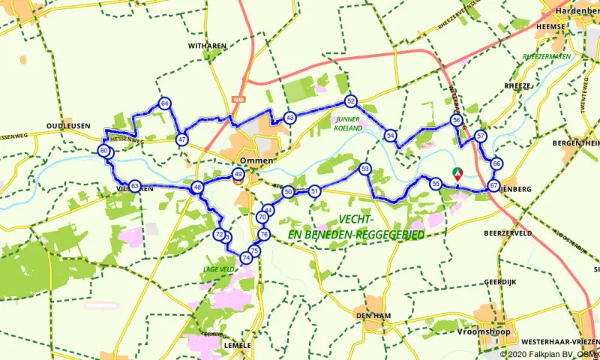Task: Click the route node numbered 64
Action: (x=164, y=104)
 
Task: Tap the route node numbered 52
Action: (x=350, y=100)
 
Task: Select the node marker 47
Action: (x=182, y=139)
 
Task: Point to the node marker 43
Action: (x=289, y=118)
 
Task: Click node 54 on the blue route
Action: (x=390, y=136)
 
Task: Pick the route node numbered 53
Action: (x=365, y=169)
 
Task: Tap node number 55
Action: (x=435, y=183)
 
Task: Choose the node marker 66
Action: (x=496, y=164)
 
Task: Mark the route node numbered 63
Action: (x=134, y=186)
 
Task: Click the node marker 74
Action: (x=245, y=259)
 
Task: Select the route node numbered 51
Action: (x=315, y=191)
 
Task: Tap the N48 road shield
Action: (x=239, y=98)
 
